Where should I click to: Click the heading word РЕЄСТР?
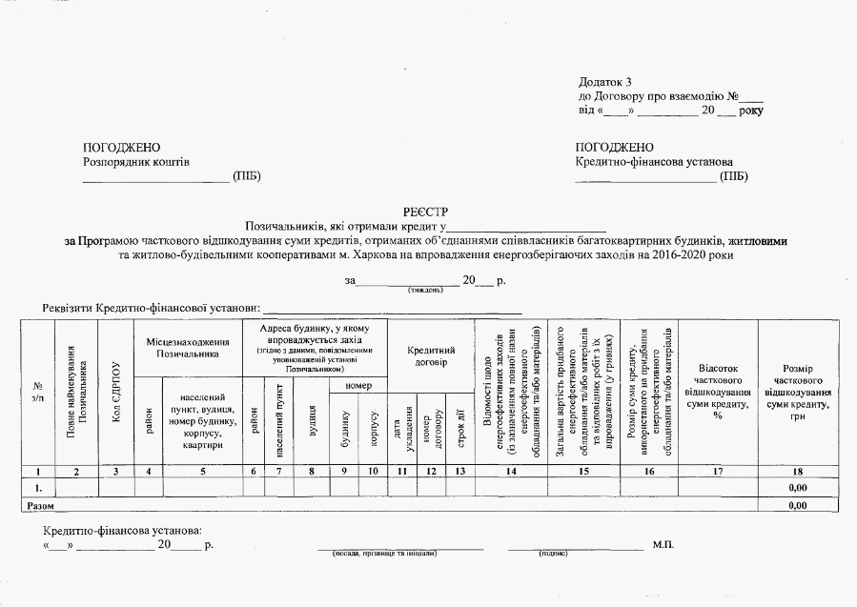[426, 212]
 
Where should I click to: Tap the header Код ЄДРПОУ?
[116, 392]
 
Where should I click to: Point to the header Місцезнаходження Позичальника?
[188, 347]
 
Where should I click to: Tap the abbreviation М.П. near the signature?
[663, 544]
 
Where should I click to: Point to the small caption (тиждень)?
[424, 289]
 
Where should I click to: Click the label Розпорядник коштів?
[137, 162]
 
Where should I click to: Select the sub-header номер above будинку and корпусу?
[358, 385]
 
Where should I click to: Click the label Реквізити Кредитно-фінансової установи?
[152, 309]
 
